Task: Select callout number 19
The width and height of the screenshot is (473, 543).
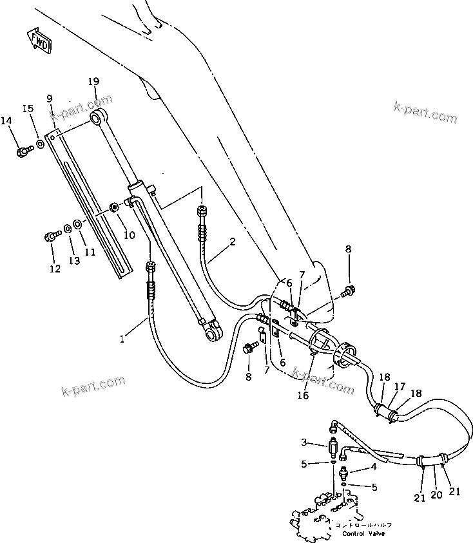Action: [x=93, y=81]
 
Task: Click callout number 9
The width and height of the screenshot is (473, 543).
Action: [x=49, y=98]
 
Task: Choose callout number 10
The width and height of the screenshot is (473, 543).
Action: [x=129, y=235]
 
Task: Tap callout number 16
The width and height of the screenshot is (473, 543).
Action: [x=302, y=395]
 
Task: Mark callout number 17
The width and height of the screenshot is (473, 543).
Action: [x=400, y=386]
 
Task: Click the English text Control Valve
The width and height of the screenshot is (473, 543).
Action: [x=363, y=534]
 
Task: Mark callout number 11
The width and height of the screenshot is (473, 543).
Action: [x=90, y=252]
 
